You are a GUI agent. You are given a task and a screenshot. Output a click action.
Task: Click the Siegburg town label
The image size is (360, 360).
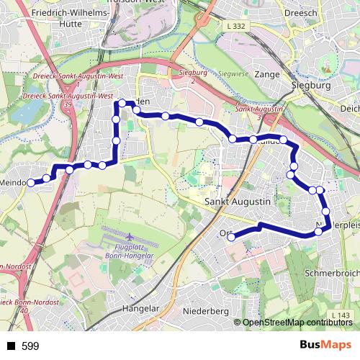click(x=310, y=85)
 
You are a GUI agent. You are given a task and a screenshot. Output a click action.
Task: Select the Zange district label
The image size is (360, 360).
click(x=266, y=73)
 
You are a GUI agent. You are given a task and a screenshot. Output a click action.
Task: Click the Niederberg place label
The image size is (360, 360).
click(x=205, y=311)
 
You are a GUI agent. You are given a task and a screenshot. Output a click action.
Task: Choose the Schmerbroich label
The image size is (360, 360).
click(x=332, y=274)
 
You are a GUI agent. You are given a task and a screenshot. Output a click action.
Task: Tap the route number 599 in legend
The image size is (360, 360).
click(x=30, y=346)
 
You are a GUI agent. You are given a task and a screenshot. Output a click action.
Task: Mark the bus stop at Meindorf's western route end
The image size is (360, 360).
click(x=31, y=183)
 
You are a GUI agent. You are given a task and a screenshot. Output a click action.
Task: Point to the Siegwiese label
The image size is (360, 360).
click(x=232, y=73)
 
